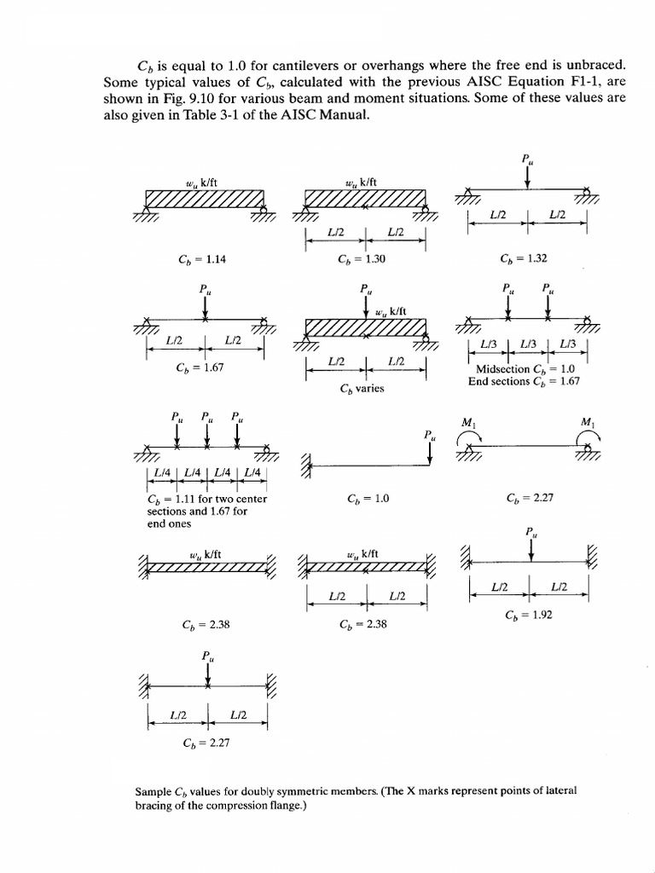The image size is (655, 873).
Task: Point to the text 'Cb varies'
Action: click(x=362, y=389)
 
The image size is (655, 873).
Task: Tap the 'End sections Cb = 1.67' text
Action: click(x=524, y=381)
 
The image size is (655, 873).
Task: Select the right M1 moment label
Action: click(x=588, y=422)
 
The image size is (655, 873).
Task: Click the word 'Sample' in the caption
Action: click(x=154, y=791)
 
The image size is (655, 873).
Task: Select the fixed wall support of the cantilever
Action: click(x=306, y=465)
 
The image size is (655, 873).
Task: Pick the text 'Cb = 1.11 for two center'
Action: click(x=207, y=499)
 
